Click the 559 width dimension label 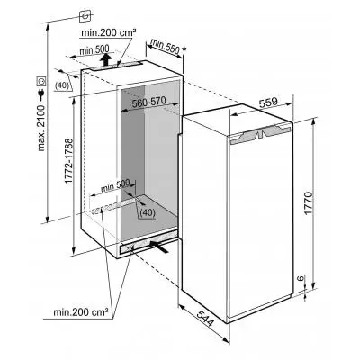pos(268,103)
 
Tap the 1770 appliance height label pos(308,203)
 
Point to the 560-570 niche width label pos(148,103)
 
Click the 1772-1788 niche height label pos(68,161)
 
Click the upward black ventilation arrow pos(105,59)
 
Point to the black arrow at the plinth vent pos(159,247)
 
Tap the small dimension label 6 pos(301,278)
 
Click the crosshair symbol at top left pos(86,15)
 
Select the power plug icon pos(41,94)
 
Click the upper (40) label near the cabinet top pos(62,85)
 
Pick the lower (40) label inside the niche pos(148,212)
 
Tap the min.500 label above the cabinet pos(94,50)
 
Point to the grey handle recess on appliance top pos(260,134)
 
